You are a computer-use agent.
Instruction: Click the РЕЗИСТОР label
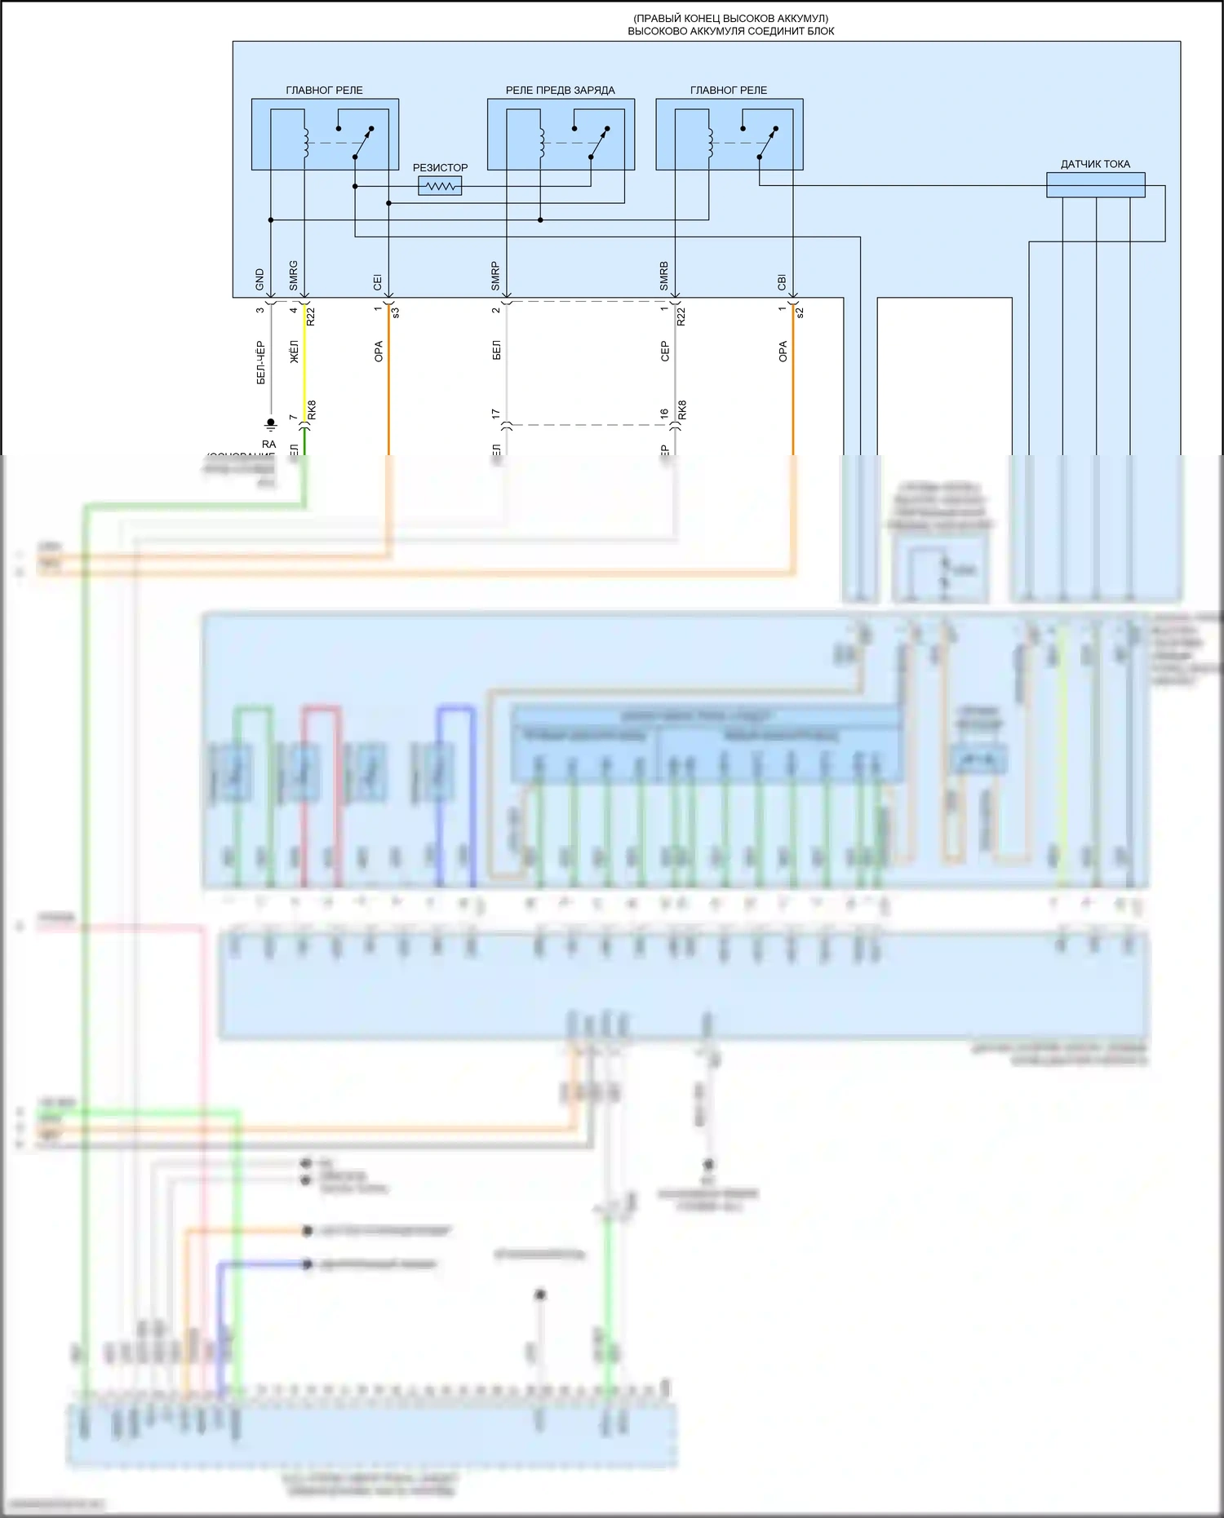tap(440, 167)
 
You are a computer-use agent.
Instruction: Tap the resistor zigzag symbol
tap(440, 187)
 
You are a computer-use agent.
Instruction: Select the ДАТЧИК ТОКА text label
tap(1095, 164)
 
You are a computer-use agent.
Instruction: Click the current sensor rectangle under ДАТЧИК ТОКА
tap(1095, 185)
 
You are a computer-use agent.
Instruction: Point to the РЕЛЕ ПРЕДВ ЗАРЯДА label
tap(560, 90)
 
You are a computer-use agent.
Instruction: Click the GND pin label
tap(260, 280)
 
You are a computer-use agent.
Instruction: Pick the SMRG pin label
tap(294, 276)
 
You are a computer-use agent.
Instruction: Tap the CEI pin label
tap(378, 281)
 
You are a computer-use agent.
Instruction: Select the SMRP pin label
tap(495, 277)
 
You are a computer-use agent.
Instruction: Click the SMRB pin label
tap(664, 276)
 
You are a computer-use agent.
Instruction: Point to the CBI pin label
tap(783, 281)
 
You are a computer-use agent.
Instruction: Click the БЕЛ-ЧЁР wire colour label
tap(261, 362)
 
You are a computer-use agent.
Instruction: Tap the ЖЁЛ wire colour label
tap(295, 352)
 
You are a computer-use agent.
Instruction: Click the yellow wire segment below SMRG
tap(304, 363)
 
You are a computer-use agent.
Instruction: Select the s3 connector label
tap(396, 312)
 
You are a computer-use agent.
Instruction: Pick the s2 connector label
tap(800, 312)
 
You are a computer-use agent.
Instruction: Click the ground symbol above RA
tap(271, 424)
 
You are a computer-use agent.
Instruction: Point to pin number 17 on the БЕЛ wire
tap(496, 414)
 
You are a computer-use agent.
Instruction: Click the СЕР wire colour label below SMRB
tap(665, 352)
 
